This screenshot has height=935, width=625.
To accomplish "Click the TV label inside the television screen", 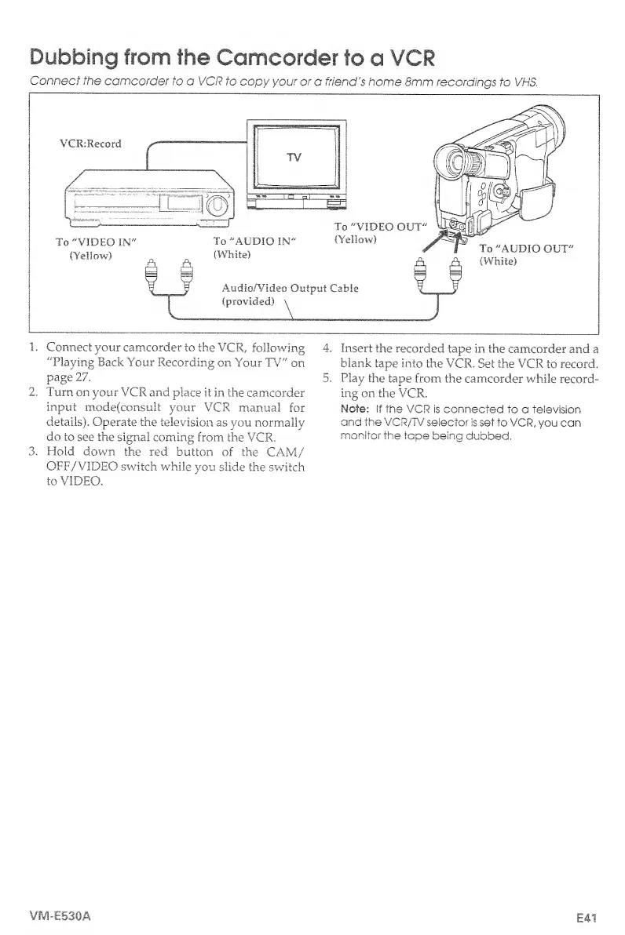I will [x=295, y=157].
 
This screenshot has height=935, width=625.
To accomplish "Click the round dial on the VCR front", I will [x=218, y=206].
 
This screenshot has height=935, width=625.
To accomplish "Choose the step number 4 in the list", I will [x=328, y=348].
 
